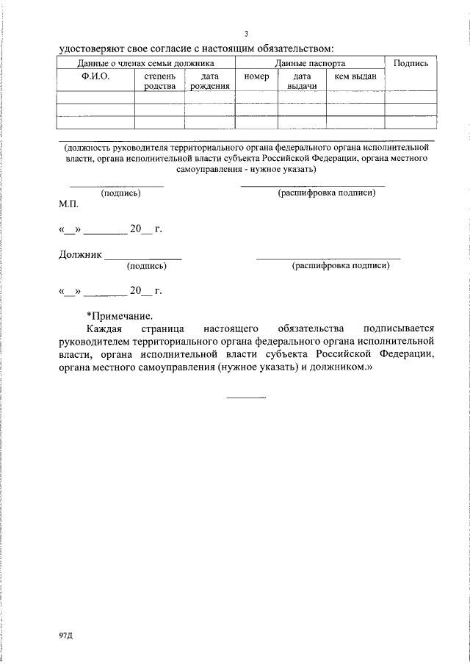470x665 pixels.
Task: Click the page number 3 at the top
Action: click(247, 34)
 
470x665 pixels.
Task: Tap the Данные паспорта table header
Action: click(309, 64)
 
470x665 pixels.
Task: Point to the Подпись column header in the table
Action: click(411, 64)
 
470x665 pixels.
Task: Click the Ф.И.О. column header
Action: click(95, 76)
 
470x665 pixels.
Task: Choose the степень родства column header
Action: click(159, 81)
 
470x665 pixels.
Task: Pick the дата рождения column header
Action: click(209, 81)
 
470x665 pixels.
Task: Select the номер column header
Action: click(256, 76)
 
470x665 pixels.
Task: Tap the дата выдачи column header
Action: click(302, 81)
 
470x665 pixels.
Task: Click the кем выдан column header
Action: click(355, 76)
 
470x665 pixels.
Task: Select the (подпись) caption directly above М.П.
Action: click(120, 193)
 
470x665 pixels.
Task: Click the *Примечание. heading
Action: click(120, 314)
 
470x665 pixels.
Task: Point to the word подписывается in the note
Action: click(399, 328)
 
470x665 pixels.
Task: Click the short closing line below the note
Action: click(246, 398)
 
